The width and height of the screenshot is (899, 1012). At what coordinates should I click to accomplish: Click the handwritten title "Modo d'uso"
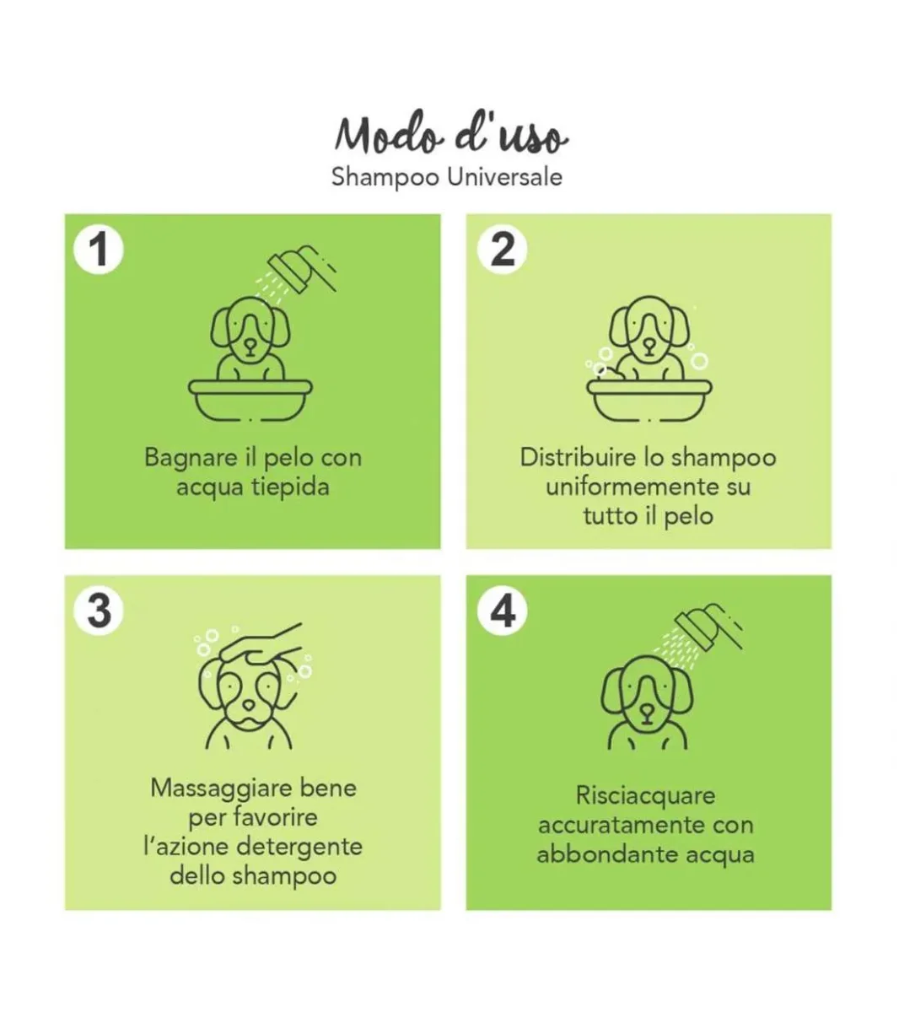click(x=450, y=134)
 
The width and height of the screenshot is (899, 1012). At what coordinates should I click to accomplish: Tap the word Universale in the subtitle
click(x=504, y=177)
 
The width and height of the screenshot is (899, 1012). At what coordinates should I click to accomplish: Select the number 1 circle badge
click(x=99, y=250)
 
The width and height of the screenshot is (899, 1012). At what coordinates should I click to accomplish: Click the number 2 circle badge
click(x=502, y=249)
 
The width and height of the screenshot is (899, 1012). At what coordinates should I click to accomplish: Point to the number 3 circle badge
click(x=99, y=611)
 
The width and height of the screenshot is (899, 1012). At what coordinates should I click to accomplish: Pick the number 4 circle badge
click(x=503, y=611)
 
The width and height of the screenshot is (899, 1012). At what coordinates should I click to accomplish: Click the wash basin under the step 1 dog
click(x=250, y=400)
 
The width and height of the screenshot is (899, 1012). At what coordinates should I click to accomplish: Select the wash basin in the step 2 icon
click(x=649, y=400)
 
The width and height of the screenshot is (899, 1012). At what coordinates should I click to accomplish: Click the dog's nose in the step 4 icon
click(x=647, y=711)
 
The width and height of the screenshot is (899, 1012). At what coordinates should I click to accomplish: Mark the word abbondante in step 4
click(x=607, y=854)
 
